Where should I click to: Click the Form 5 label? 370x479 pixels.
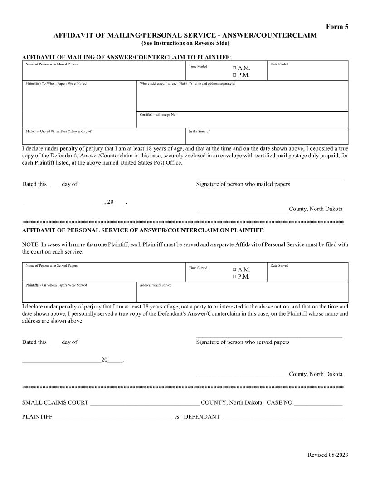337,27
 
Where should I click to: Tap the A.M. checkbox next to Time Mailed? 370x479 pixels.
234,68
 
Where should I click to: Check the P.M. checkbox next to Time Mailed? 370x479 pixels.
234,75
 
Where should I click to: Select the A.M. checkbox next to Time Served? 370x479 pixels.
234,269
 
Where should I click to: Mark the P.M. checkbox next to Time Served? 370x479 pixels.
234,277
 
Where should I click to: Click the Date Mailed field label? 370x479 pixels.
279,64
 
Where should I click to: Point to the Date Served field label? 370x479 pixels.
279,266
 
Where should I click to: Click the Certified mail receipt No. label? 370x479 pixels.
159,115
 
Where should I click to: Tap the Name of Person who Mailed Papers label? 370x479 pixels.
51,64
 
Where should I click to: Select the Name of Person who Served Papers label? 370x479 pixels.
51,266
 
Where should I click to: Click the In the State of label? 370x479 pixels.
199,132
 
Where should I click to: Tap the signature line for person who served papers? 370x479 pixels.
269,337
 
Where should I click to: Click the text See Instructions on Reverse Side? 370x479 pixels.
185,43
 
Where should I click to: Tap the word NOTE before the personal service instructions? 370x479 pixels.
30,244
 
